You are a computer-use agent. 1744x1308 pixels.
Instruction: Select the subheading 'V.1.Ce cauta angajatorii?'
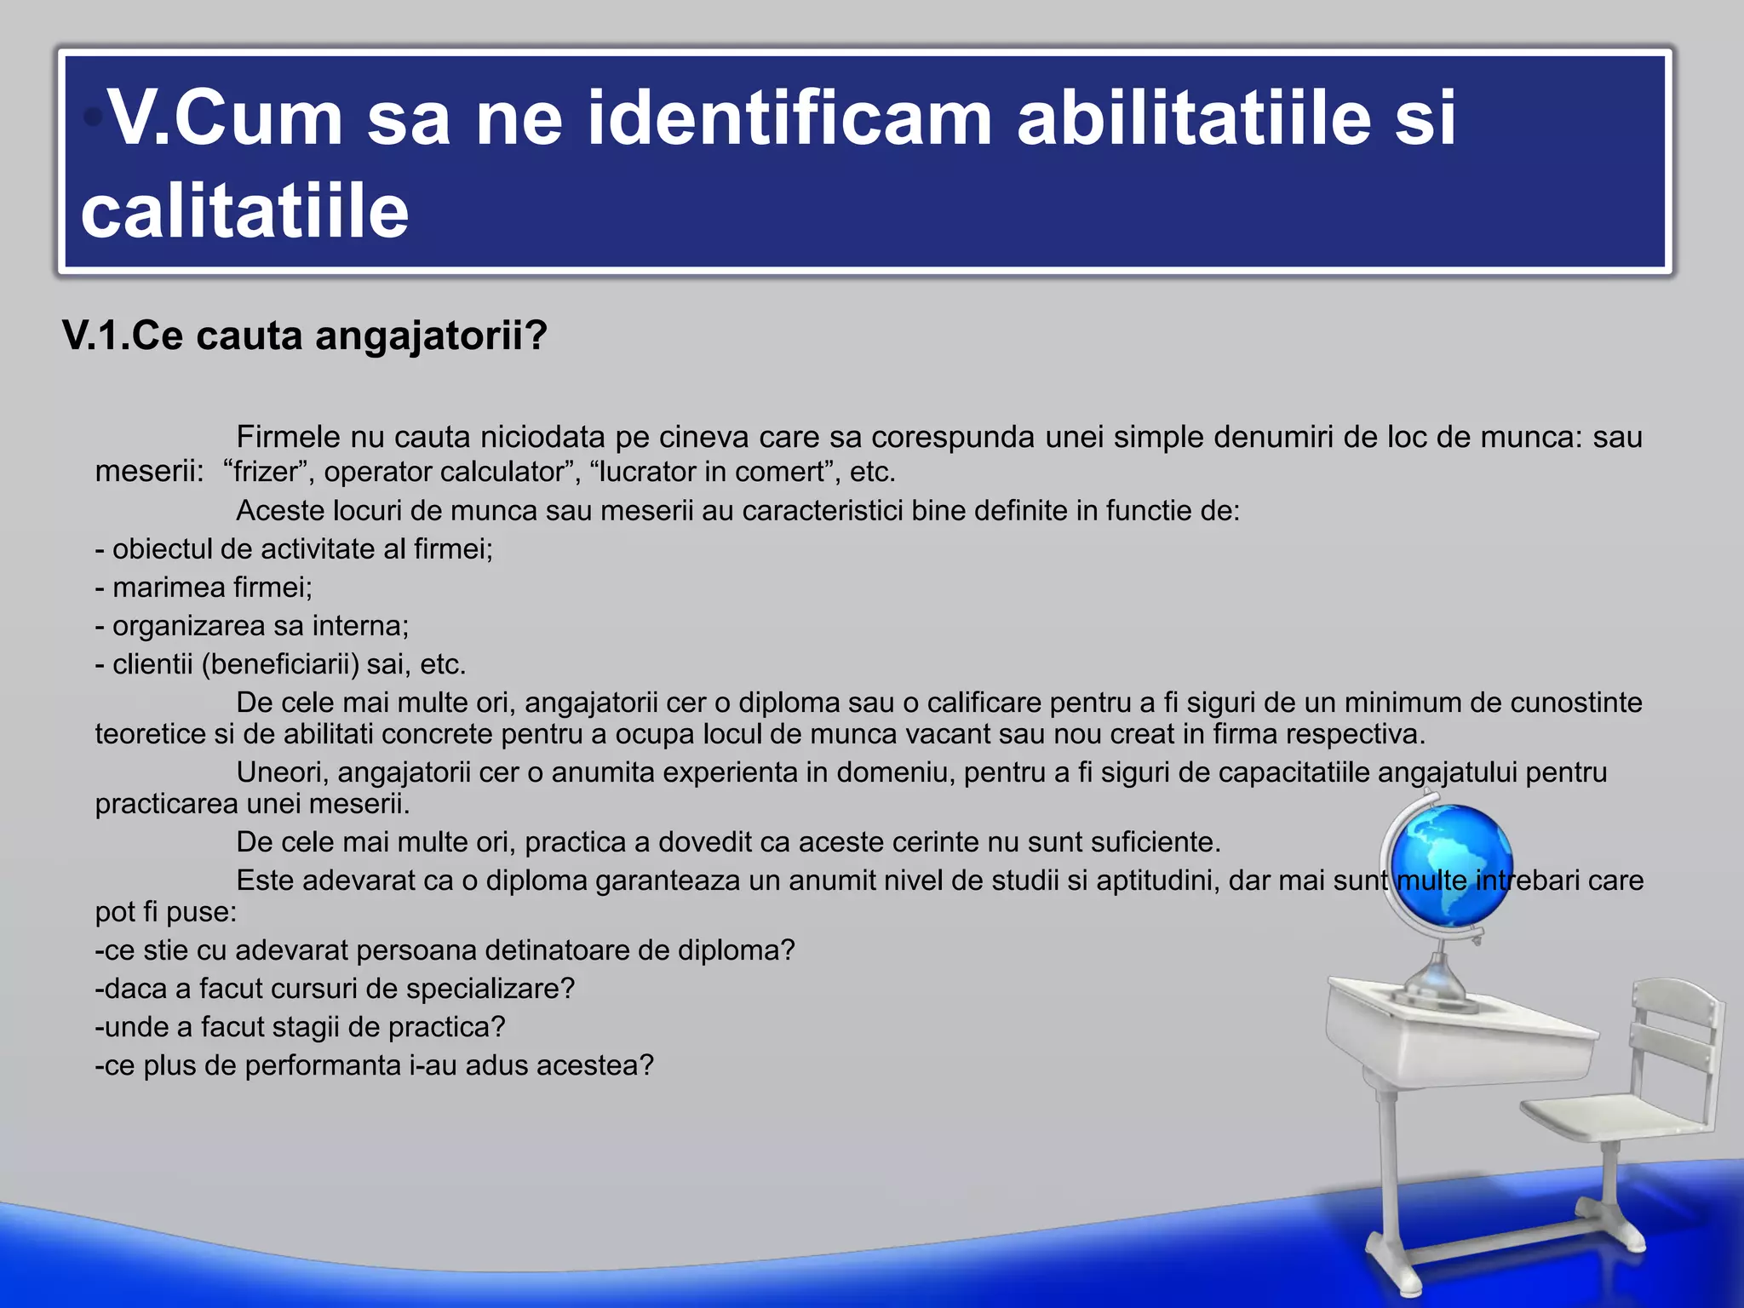coord(305,336)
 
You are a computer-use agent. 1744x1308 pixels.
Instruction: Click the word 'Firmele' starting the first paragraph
coord(289,437)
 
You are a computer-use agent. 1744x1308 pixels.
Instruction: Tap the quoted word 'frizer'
coord(265,471)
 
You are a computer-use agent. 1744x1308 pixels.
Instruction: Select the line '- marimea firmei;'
coord(204,588)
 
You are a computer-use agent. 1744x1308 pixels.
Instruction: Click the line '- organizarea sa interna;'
coord(252,626)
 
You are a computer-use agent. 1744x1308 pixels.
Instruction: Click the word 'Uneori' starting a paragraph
coord(282,772)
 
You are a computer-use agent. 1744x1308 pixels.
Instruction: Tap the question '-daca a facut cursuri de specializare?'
coord(336,989)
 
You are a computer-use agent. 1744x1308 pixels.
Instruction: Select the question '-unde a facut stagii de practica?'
coord(301,1027)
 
